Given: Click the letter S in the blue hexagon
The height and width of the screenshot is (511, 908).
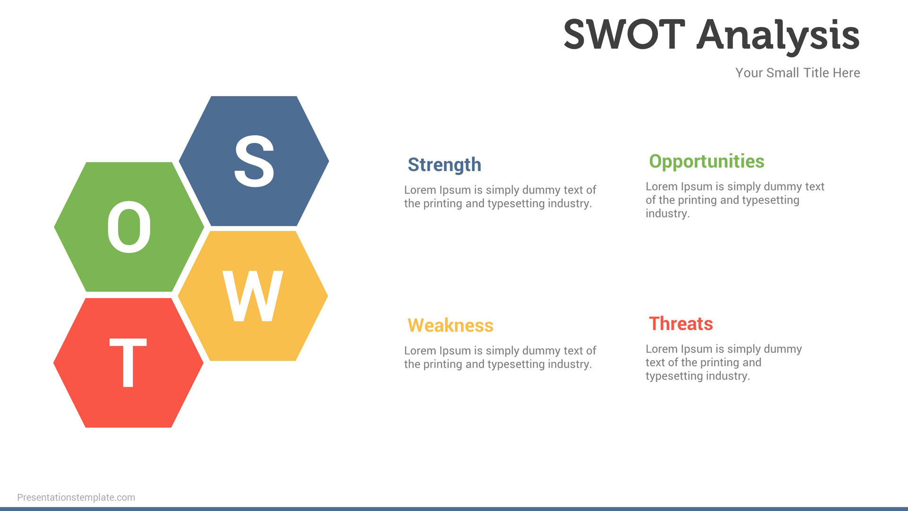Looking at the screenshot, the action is [x=254, y=160].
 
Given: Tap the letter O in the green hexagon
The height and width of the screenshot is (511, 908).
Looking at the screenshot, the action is [x=129, y=227].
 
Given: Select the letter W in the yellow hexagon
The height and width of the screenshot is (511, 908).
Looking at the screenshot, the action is [x=253, y=296].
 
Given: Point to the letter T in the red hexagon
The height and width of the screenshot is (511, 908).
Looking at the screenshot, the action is [x=128, y=363].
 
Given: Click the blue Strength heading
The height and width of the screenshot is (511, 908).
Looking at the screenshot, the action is [x=445, y=165].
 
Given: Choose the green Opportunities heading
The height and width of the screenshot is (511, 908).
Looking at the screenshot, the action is [x=707, y=162].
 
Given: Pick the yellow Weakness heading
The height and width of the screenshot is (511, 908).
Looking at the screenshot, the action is [x=450, y=326].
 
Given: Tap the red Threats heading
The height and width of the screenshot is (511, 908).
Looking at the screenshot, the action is [x=681, y=324].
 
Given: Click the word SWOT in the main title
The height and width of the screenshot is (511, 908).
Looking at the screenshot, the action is [x=624, y=34].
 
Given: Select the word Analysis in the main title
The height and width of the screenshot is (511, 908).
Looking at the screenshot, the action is [x=778, y=36].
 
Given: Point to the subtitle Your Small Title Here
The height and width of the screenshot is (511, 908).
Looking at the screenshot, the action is [x=798, y=73].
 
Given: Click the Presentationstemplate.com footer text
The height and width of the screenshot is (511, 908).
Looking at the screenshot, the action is [x=76, y=497].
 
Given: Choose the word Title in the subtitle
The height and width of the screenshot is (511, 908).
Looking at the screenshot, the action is [x=816, y=73].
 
